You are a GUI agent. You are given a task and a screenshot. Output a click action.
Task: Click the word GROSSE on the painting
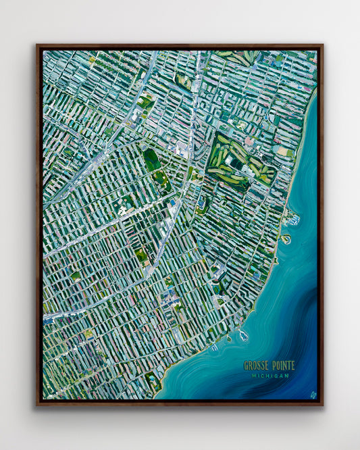257,366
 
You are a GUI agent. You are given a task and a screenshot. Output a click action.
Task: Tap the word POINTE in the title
283,366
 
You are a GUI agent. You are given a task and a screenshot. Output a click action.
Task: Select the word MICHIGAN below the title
269,376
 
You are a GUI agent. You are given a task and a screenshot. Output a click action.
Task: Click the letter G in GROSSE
246,366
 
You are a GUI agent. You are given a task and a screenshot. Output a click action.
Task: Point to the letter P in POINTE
273,366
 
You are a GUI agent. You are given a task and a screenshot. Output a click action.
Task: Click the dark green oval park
151,159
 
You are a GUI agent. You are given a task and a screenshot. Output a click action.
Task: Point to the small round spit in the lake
286,239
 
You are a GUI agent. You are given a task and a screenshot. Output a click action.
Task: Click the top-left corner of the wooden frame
38,46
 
